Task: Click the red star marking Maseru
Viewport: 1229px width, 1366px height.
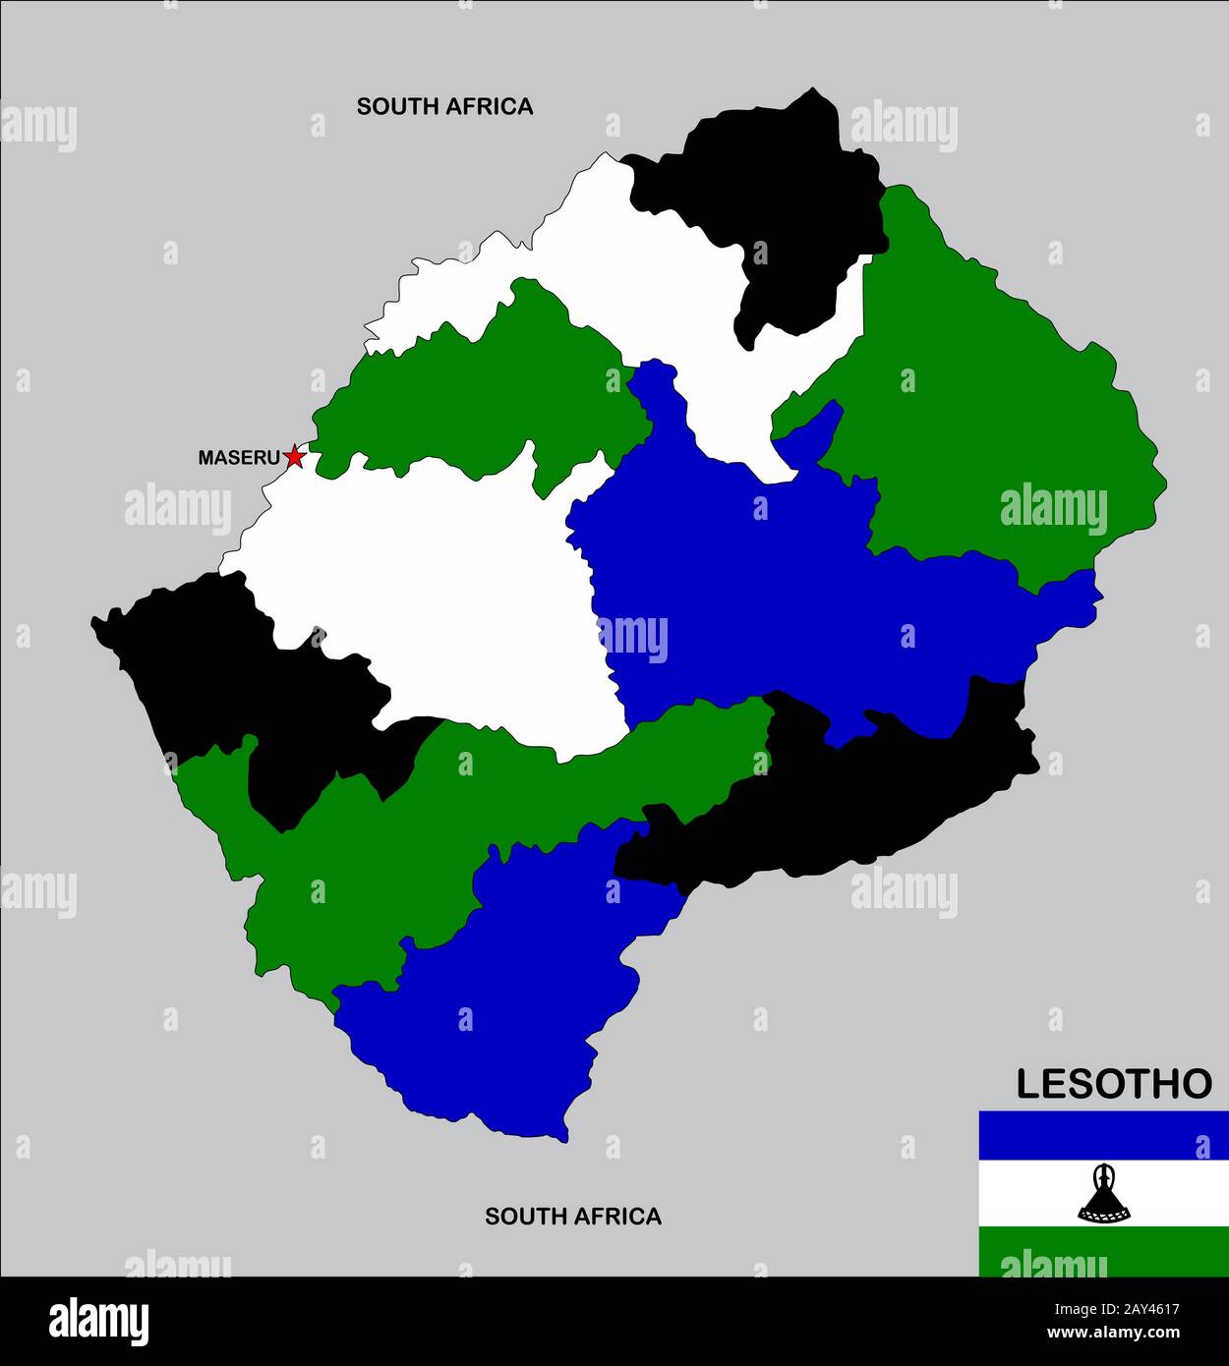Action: point(294,456)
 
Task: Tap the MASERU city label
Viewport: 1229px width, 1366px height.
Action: point(239,458)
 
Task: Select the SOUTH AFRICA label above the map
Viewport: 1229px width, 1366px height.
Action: point(444,106)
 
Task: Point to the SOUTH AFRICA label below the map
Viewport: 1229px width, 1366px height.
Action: point(572,1217)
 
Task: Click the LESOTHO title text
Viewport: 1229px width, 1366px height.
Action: point(1113,1084)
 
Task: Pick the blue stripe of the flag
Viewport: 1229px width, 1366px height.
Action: point(1103,1134)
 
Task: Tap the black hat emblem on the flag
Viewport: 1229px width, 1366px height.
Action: point(1103,1193)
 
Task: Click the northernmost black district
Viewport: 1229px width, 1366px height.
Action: point(777,197)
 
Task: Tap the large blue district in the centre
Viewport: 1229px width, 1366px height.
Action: point(767,590)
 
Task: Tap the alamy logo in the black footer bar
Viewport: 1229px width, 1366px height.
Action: point(98,1322)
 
